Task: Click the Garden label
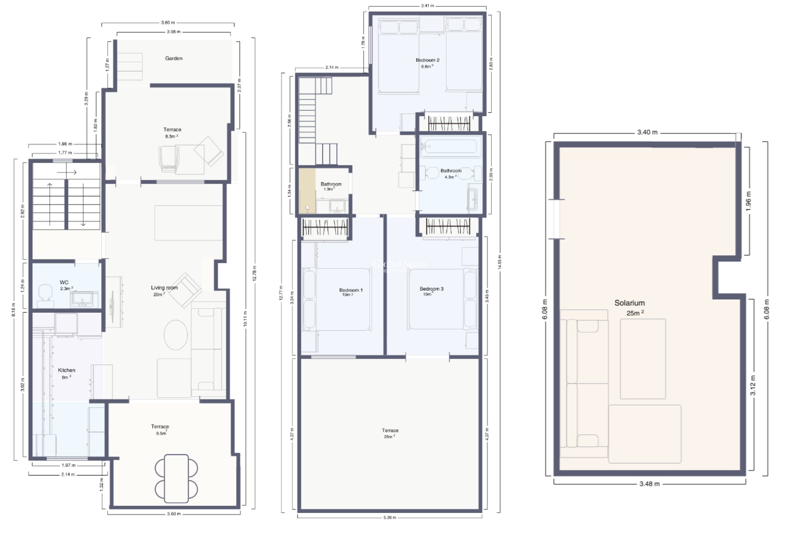(173, 58)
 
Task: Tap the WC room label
(64, 282)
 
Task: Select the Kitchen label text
(66, 370)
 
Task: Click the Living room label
(164, 288)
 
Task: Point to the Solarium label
(629, 303)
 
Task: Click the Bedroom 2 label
(427, 60)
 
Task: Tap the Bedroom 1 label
(350, 290)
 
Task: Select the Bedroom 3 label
(431, 289)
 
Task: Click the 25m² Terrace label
(390, 431)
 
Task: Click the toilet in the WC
(45, 292)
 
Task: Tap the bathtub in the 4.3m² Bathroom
(449, 147)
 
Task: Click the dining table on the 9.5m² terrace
(176, 478)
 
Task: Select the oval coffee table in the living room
(175, 335)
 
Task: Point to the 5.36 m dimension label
(389, 518)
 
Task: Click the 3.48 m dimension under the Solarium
(649, 484)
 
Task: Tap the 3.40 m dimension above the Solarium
(647, 132)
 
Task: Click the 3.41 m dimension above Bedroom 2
(427, 6)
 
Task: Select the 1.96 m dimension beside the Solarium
(748, 201)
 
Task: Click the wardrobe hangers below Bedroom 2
(449, 123)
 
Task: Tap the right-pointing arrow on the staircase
(67, 172)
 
